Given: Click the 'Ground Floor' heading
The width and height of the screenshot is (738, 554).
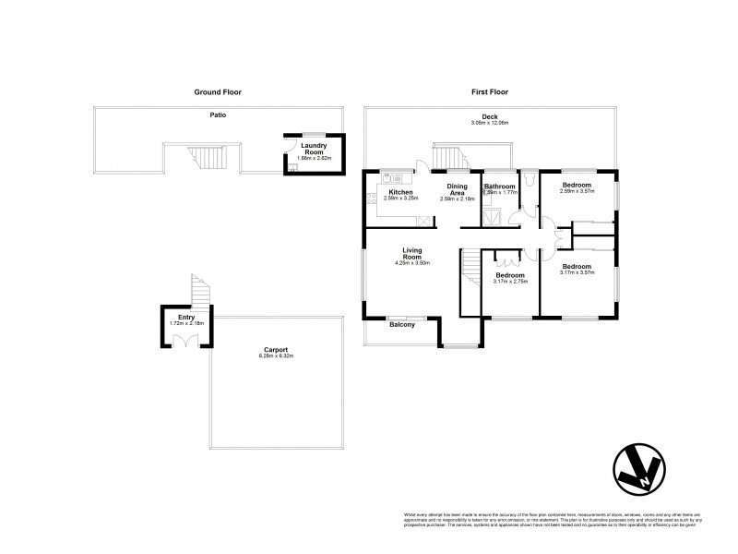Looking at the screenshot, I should click(218, 92).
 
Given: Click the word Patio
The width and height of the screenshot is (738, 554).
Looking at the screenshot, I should click(217, 114).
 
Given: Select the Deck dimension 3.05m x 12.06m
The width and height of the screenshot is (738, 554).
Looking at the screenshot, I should click(490, 123).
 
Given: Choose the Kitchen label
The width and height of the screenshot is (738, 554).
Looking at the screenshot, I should click(400, 191).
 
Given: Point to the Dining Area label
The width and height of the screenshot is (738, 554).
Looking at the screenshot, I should click(458, 189).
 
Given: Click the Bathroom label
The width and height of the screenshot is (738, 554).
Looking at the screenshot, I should click(498, 187).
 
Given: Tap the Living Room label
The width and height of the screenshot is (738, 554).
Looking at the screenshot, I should click(412, 254).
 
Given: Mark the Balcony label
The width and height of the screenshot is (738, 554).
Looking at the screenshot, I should click(401, 324).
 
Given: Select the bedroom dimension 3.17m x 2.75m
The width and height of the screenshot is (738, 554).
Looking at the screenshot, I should click(509, 283).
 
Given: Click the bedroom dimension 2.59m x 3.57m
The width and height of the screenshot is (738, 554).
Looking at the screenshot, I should click(577, 192).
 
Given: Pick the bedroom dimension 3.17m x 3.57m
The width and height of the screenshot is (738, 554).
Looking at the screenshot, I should click(577, 272).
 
